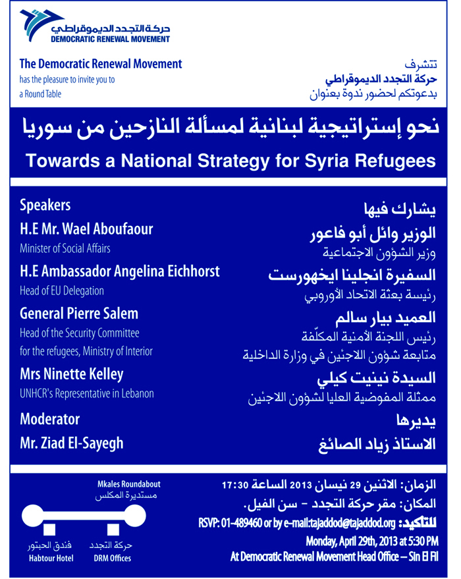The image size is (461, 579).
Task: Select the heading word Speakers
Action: coord(45,206)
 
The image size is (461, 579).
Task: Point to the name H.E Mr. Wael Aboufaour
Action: coord(86,229)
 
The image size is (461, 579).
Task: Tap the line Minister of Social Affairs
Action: coord(65,248)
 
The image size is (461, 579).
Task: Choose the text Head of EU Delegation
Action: coord(62,290)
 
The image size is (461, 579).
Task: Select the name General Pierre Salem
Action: coord(79,313)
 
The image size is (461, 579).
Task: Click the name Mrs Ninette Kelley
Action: coord(71,374)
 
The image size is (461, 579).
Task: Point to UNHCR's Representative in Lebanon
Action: coord(86,394)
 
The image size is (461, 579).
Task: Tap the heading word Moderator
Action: coord(50,419)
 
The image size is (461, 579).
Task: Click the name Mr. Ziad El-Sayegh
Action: coord(71,443)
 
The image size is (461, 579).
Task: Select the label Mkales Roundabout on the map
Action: coord(128,484)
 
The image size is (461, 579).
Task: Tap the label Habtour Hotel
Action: coord(51,559)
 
